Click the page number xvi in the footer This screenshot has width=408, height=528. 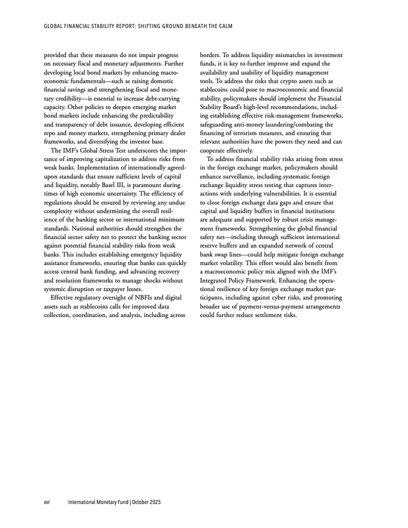pyautogui.click(x=47, y=502)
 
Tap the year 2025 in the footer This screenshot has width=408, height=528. pyautogui.click(x=152, y=502)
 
